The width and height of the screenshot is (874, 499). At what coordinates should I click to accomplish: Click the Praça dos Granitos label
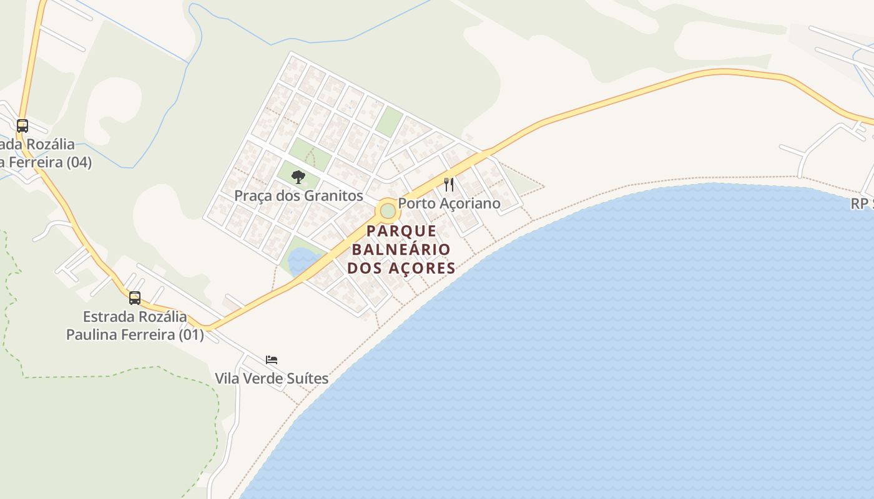pyautogui.click(x=298, y=196)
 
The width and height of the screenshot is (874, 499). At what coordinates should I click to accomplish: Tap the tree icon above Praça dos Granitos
pyautogui.click(x=298, y=177)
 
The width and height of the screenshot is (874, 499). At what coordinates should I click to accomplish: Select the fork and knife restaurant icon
pyautogui.click(x=449, y=184)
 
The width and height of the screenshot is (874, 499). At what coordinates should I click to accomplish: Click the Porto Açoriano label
pyautogui.click(x=449, y=203)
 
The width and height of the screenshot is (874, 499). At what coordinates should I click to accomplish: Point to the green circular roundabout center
pyautogui.click(x=388, y=211)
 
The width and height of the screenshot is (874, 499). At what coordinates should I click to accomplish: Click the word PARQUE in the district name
pyautogui.click(x=401, y=231)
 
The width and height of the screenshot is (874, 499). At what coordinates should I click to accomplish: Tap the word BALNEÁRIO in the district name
pyautogui.click(x=401, y=249)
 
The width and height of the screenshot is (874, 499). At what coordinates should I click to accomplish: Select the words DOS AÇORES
pyautogui.click(x=401, y=268)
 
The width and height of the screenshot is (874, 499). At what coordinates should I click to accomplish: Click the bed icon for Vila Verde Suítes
pyautogui.click(x=272, y=360)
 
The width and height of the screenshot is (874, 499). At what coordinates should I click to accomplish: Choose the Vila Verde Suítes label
pyautogui.click(x=272, y=379)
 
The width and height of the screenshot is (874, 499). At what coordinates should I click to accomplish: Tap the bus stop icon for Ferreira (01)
pyautogui.click(x=135, y=298)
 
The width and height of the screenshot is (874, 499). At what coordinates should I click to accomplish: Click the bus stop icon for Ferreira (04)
pyautogui.click(x=22, y=126)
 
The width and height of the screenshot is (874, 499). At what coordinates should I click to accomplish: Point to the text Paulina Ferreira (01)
pyautogui.click(x=135, y=334)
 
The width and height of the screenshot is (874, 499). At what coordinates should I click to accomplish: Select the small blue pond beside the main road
pyautogui.click(x=302, y=259)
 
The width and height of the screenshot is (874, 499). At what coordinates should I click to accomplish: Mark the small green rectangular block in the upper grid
pyautogui.click(x=389, y=121)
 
